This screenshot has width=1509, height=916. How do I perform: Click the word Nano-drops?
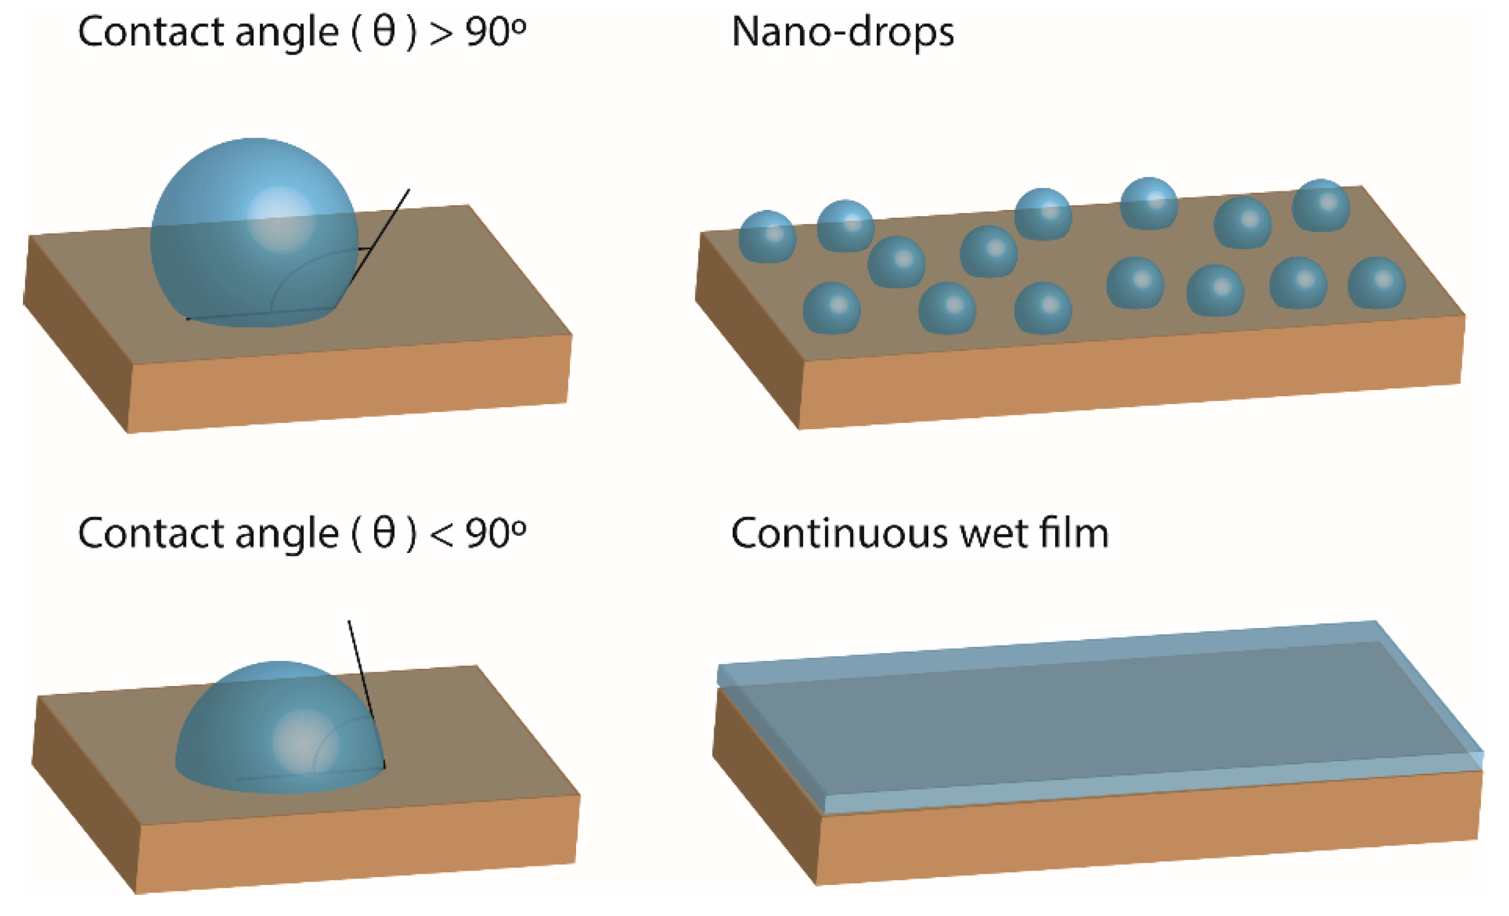click(x=842, y=32)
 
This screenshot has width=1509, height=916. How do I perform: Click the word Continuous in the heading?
click(x=839, y=533)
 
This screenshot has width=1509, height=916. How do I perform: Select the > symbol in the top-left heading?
click(x=441, y=33)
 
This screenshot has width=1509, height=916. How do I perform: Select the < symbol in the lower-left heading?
click(x=441, y=535)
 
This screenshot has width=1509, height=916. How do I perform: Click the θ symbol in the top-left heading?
click(x=384, y=32)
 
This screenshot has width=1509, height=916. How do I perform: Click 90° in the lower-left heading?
click(x=495, y=533)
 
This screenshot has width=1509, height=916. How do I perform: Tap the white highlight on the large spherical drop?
click(x=281, y=219)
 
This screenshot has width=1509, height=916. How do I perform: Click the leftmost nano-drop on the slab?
click(x=767, y=237)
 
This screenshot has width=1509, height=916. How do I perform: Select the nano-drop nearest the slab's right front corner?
click(x=1376, y=283)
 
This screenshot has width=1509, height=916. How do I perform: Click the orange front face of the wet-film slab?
click(x=1145, y=833)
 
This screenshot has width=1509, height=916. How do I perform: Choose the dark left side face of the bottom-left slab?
click(x=85, y=796)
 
